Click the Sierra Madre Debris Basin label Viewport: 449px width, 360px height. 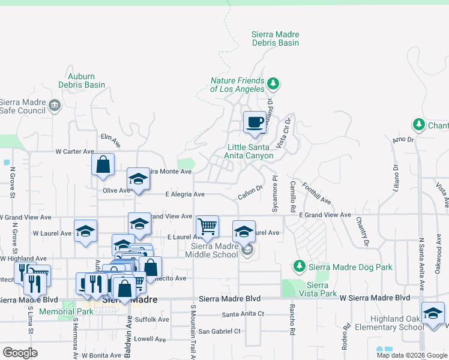point(276,39)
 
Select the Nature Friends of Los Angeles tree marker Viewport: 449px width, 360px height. point(273,83)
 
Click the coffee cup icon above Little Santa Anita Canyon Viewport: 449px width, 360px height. point(255,123)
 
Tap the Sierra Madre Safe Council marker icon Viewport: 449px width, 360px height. point(55,106)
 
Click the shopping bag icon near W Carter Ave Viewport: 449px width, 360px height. point(103,164)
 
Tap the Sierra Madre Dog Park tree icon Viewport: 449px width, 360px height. point(299,265)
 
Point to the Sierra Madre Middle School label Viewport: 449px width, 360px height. point(214,250)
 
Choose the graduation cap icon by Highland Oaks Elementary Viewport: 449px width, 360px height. point(433,314)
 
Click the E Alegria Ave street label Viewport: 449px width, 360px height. point(185,194)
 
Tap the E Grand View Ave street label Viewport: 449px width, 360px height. point(325,215)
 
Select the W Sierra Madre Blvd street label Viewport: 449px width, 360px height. point(375,298)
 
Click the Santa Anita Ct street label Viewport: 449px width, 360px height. point(243,314)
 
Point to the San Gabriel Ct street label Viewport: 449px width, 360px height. point(219,331)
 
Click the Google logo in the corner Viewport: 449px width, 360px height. point(20,352)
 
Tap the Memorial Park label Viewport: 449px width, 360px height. point(66,312)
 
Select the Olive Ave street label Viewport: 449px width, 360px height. point(116,190)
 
